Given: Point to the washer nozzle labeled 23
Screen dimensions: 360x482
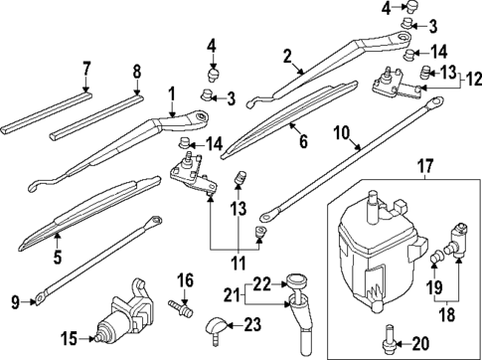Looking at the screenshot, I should point(218,322).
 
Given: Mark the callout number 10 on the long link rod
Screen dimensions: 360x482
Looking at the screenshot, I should point(341,130).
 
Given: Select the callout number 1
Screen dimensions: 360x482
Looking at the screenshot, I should point(172,94).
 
